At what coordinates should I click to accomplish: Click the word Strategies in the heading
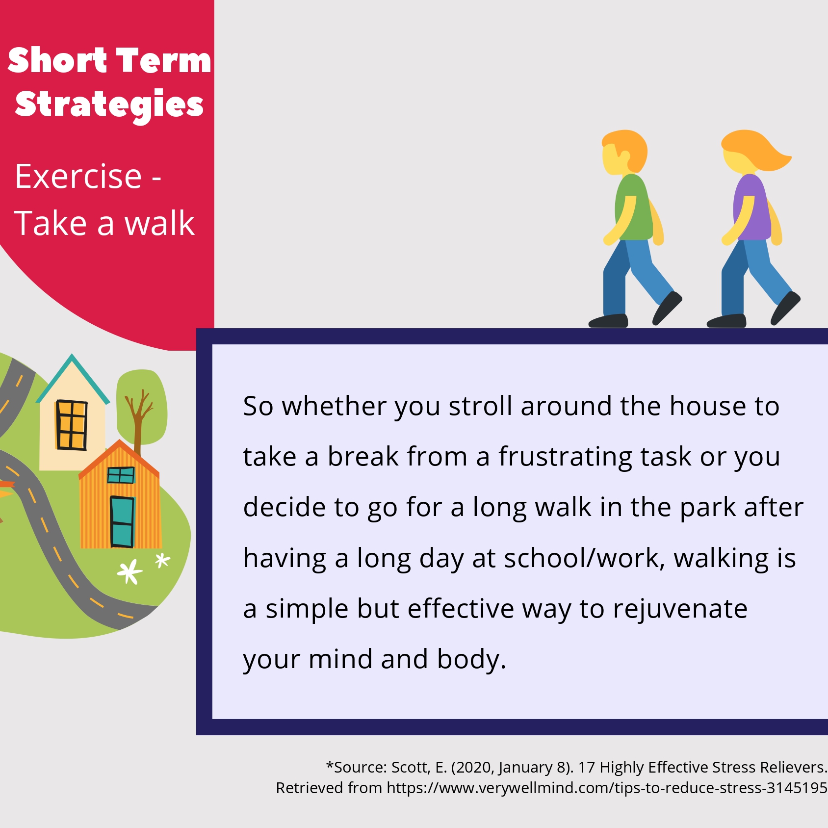(x=109, y=104)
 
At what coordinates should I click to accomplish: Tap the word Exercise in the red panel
(x=78, y=176)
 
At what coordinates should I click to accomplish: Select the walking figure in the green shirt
(x=635, y=229)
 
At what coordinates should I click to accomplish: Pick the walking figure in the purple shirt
(x=754, y=229)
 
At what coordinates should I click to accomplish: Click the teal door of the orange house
(x=122, y=521)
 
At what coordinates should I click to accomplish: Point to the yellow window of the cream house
(x=72, y=425)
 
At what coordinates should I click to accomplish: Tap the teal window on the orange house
(x=121, y=475)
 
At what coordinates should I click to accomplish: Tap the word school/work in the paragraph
(x=585, y=558)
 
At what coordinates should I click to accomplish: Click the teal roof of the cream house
(x=73, y=379)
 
